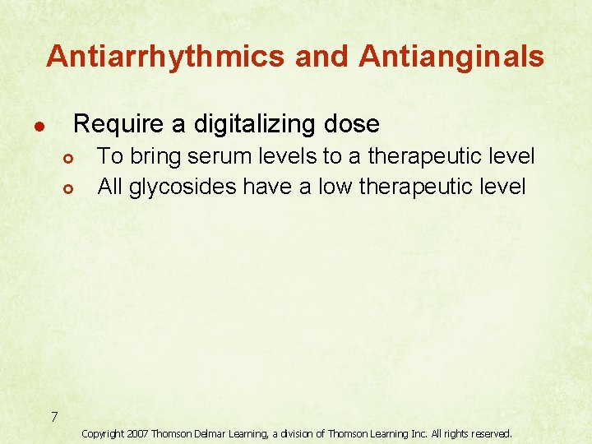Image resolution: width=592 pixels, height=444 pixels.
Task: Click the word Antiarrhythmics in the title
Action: point(164,56)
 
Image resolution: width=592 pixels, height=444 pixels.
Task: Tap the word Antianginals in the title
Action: point(451,56)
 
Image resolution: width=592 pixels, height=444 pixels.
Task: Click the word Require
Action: point(119,124)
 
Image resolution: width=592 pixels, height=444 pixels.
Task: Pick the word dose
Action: point(352,124)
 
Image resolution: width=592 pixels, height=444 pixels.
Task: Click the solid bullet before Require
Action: point(38,127)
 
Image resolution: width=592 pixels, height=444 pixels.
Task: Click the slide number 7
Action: point(53,418)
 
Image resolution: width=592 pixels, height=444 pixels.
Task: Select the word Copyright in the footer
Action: point(103,433)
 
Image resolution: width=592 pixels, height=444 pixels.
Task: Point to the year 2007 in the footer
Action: point(137,433)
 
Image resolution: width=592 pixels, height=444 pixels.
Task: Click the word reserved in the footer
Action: point(489,433)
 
